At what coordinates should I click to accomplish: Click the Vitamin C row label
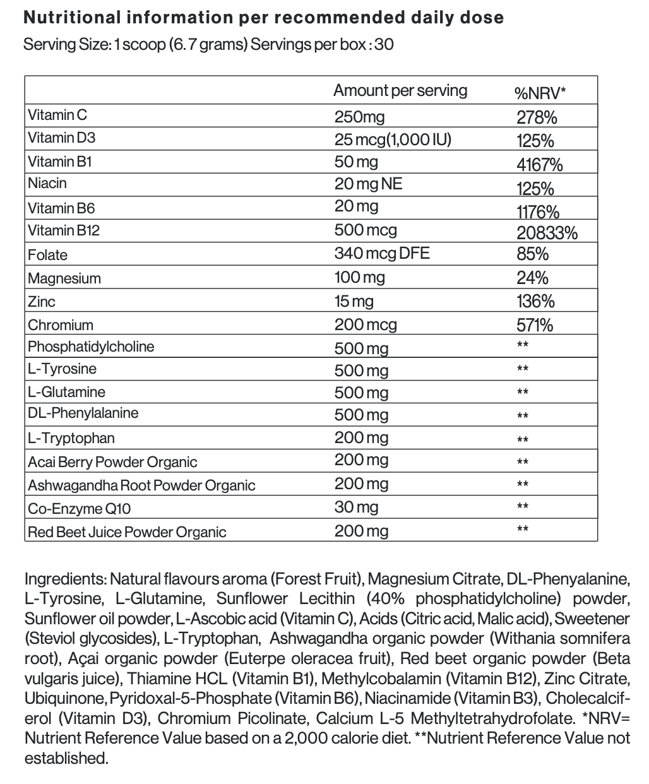pyautogui.click(x=57, y=115)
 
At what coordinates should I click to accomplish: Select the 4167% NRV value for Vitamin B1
pyautogui.click(x=539, y=165)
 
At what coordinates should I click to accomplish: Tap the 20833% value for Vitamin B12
pyautogui.click(x=547, y=233)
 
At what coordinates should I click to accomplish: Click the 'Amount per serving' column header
pyautogui.click(x=400, y=90)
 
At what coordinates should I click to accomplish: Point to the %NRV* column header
pyautogui.click(x=540, y=93)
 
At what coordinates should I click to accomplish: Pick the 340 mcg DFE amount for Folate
pyautogui.click(x=381, y=253)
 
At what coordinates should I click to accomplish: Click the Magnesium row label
pyautogui.click(x=64, y=278)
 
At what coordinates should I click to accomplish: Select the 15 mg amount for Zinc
pyautogui.click(x=354, y=301)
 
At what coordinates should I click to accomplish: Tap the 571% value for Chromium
pyautogui.click(x=535, y=325)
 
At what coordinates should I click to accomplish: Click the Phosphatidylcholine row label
pyautogui.click(x=91, y=347)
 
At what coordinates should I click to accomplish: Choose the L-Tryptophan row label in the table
pyautogui.click(x=71, y=438)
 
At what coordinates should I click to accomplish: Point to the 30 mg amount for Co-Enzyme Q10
pyautogui.click(x=357, y=507)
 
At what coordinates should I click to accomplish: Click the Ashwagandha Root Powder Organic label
pyautogui.click(x=141, y=485)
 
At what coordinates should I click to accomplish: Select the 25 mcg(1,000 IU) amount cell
pyautogui.click(x=393, y=139)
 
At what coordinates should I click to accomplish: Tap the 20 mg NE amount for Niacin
pyautogui.click(x=368, y=184)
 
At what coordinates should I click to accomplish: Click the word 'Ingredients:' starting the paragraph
pyautogui.click(x=65, y=578)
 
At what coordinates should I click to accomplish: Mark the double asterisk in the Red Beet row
pyautogui.click(x=522, y=529)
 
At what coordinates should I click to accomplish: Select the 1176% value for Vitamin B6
pyautogui.click(x=538, y=211)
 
